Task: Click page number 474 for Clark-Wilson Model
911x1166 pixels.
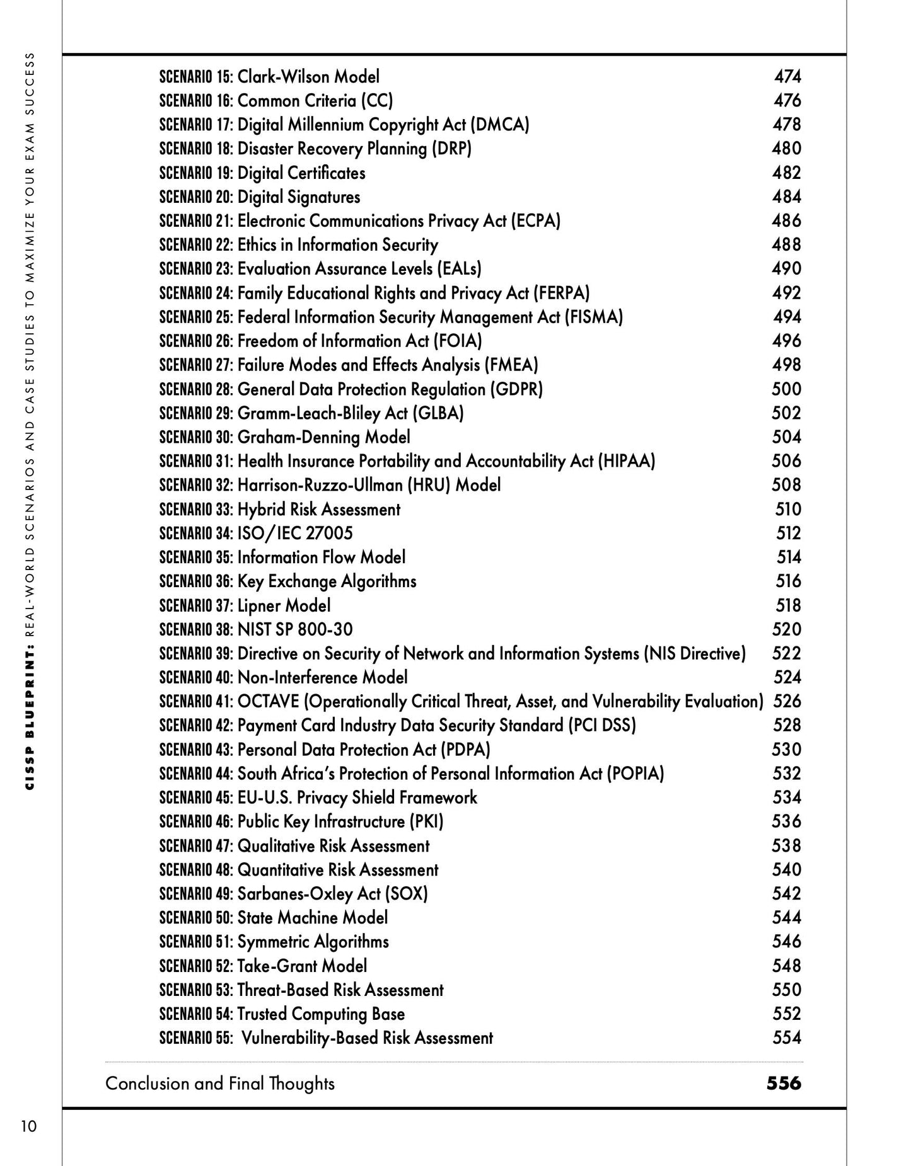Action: pos(787,77)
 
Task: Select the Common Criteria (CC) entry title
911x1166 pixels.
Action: pos(315,101)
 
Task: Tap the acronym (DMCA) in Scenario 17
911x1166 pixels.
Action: pos(500,125)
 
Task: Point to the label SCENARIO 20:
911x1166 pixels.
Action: pos(196,197)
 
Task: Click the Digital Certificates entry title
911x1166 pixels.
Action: pos(301,173)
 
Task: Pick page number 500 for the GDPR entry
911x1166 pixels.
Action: pos(787,389)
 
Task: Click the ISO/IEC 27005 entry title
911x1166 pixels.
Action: pos(295,534)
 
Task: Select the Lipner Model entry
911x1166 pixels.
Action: pos(284,605)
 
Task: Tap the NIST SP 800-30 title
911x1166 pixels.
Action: pos(295,629)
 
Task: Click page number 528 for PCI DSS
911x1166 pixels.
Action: pos(787,726)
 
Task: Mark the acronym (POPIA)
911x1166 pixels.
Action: pos(635,774)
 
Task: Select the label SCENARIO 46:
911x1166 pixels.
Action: pos(196,822)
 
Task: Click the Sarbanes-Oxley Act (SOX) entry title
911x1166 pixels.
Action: pos(332,894)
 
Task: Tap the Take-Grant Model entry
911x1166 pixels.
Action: pos(302,966)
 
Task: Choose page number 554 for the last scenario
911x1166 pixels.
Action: pos(787,1038)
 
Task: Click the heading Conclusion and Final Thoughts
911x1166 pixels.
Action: pos(220,1083)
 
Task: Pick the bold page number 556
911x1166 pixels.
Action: pos(784,1083)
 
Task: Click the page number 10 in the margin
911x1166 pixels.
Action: pos(28,1126)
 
